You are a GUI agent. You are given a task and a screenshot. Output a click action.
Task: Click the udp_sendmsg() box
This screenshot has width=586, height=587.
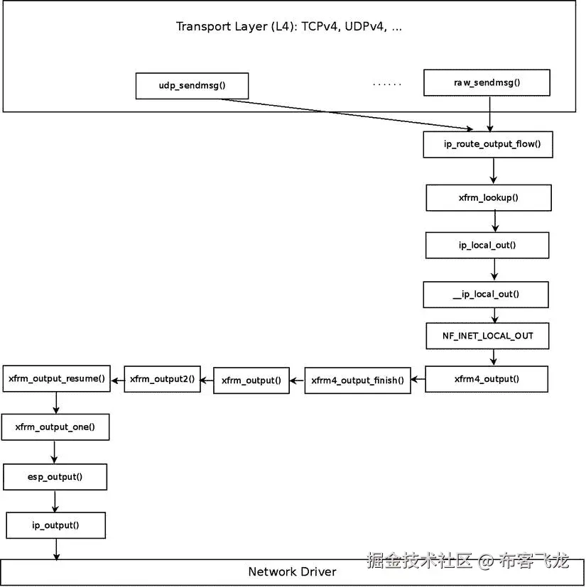click(x=192, y=86)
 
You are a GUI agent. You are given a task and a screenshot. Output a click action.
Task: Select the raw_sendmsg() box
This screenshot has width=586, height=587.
click(x=487, y=82)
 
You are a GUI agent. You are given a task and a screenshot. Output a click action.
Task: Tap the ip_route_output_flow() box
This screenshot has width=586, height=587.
click(x=487, y=145)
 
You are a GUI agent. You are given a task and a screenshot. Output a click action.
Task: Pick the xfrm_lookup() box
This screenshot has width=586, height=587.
click(x=489, y=197)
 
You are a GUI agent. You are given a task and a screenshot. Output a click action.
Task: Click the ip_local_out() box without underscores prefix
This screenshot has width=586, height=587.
click(x=487, y=245)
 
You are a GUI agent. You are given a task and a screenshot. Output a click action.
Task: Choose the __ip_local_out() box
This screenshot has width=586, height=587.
click(x=487, y=295)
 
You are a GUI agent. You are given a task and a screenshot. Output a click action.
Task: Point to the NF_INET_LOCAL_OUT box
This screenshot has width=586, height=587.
click(x=487, y=335)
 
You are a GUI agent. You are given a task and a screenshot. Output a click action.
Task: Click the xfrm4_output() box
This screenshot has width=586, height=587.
click(x=487, y=379)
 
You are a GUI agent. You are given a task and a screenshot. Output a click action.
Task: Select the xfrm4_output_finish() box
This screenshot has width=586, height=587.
click(x=357, y=380)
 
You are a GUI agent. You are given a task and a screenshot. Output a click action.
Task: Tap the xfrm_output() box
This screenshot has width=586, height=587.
click(x=251, y=380)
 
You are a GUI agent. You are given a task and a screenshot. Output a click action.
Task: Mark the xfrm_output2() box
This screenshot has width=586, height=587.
click(x=162, y=379)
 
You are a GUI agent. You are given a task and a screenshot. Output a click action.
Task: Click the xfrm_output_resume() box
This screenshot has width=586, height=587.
click(x=57, y=378)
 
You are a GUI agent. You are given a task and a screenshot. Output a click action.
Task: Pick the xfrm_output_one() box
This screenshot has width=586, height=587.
click(x=56, y=427)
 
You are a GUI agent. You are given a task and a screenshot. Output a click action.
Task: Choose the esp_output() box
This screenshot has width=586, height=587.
click(x=56, y=477)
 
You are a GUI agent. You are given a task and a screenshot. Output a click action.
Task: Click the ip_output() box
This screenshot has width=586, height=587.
click(x=56, y=526)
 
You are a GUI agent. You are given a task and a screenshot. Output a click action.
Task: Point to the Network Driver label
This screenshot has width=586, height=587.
click(x=292, y=572)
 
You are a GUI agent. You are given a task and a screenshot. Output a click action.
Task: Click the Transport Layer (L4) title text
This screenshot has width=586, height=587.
click(x=289, y=27)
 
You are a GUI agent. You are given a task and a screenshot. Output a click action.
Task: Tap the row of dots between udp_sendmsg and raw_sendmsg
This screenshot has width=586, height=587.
click(x=387, y=84)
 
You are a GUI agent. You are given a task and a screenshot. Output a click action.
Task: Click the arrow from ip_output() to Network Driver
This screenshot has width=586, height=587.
click(x=56, y=549)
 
